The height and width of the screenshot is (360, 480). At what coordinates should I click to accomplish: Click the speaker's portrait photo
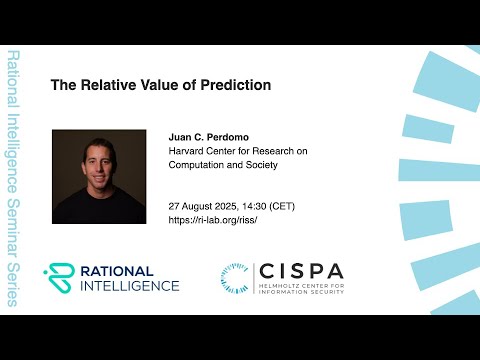[100, 176]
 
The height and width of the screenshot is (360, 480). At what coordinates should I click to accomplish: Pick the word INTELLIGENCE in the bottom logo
[129, 286]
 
